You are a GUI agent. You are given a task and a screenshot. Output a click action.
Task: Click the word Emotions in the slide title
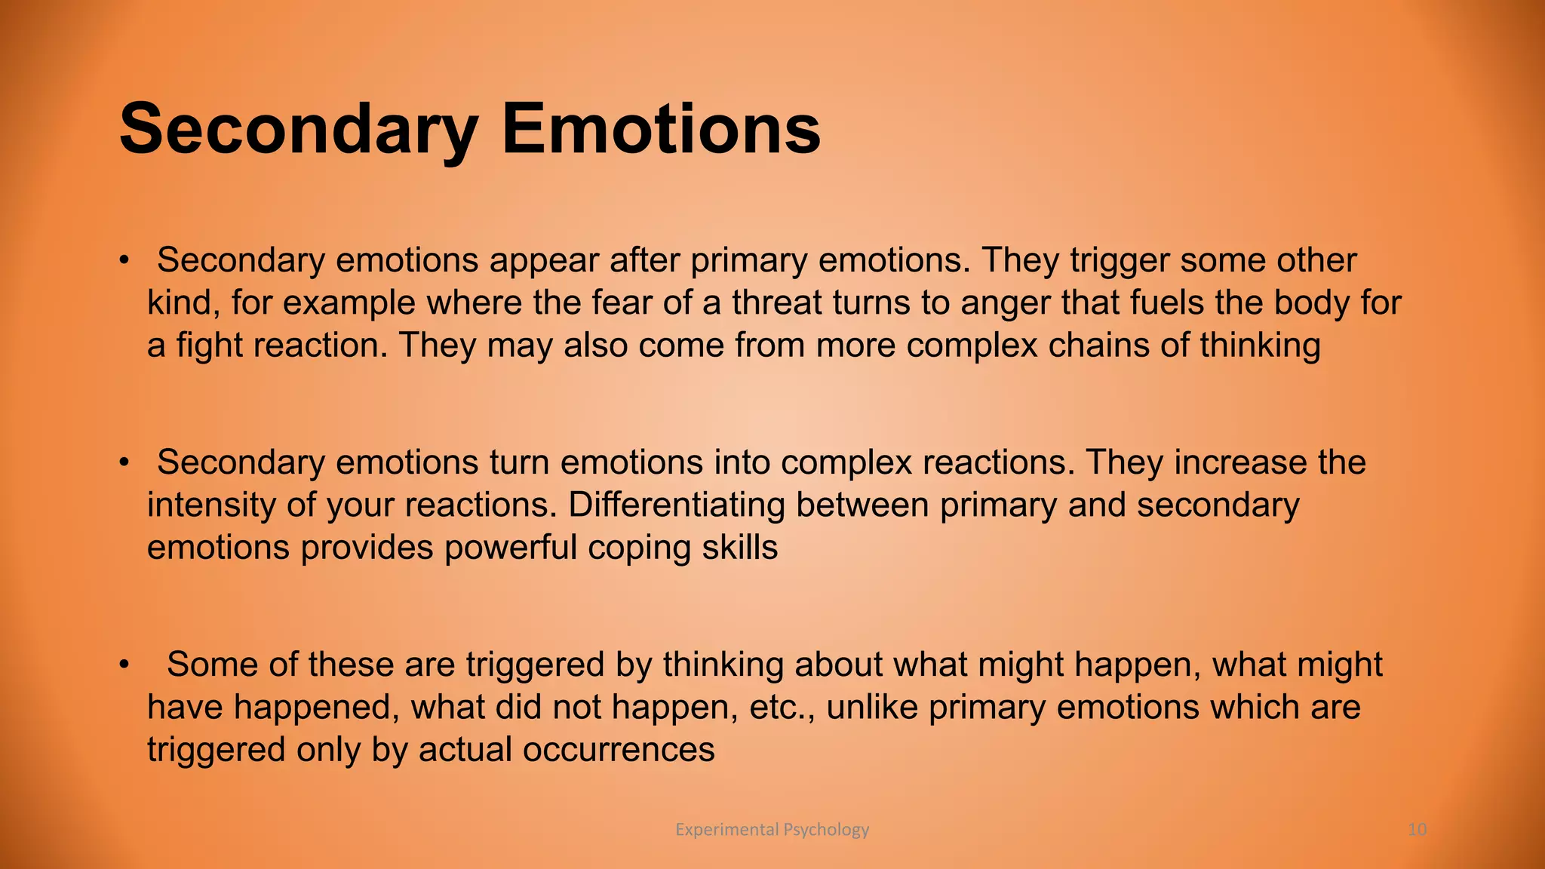(x=661, y=130)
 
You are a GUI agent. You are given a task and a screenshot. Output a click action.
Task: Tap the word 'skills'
(x=740, y=548)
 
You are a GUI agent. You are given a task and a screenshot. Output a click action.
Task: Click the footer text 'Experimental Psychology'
(x=772, y=830)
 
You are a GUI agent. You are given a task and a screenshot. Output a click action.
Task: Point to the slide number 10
(x=1417, y=830)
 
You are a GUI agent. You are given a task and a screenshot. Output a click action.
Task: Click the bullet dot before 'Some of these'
(x=124, y=665)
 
